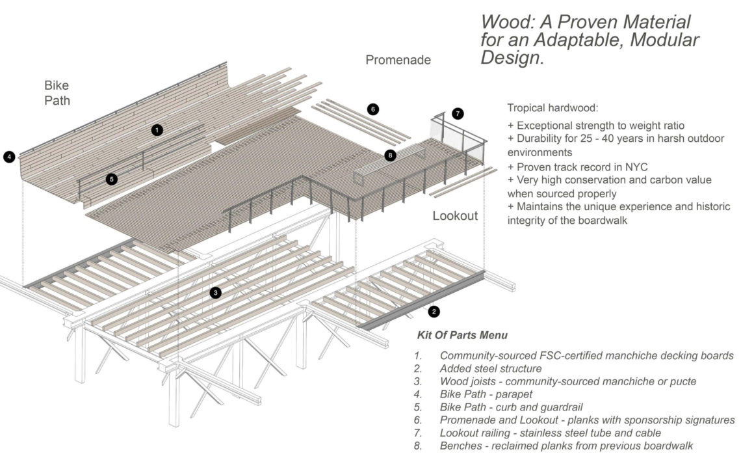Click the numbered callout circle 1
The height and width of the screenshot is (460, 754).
point(157,130)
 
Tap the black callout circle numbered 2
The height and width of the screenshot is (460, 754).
point(434,312)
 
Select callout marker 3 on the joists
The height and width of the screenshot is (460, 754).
point(215,293)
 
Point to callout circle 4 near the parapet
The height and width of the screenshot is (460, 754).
point(8,156)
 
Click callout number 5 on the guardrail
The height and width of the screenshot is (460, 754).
point(111,179)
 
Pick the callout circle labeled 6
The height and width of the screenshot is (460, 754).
point(372,109)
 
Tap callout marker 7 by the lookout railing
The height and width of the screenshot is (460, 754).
point(458,113)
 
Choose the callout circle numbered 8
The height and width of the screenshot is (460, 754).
point(390,155)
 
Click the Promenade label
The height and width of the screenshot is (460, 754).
point(398,61)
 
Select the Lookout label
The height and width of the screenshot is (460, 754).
point(456,216)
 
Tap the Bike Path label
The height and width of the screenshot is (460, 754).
point(57,93)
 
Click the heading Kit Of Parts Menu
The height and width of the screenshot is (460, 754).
point(462,336)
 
